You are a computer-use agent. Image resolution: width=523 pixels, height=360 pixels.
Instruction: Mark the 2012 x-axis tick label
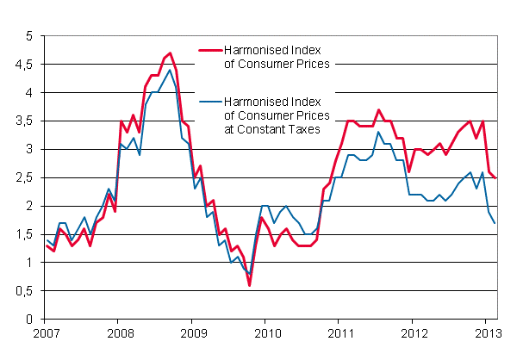414,332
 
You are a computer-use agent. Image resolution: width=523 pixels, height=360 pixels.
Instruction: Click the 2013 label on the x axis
487,332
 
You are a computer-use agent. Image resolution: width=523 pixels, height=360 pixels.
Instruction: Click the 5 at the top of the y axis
28,36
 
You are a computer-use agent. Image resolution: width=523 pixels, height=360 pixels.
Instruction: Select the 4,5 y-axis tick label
23,65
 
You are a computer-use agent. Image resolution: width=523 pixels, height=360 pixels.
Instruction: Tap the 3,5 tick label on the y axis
23,121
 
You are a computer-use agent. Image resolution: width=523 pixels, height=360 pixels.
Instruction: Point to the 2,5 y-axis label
23,177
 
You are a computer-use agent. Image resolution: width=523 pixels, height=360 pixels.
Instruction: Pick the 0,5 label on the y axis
23,291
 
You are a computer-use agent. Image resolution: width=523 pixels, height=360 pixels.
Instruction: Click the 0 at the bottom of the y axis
28,320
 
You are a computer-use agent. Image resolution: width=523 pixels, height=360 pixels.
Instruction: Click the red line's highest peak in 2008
170,53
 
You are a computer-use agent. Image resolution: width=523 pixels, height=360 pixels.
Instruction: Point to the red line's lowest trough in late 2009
249,285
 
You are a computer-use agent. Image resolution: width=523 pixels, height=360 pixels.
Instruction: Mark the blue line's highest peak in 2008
170,71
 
